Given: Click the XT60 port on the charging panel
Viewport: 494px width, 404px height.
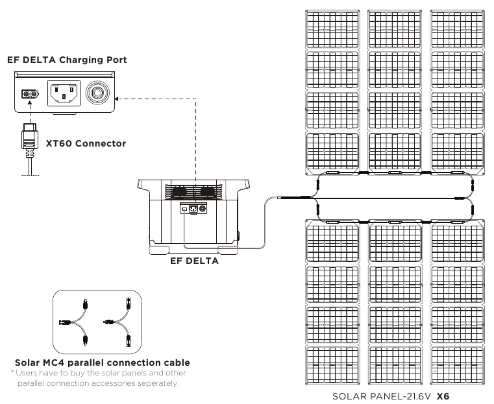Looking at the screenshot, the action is (30, 93).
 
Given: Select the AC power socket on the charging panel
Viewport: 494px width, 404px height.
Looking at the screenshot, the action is (64, 93).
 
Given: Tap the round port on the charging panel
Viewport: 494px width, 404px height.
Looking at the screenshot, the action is (97, 93).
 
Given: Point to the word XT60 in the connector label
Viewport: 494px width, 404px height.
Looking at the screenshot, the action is (59, 143).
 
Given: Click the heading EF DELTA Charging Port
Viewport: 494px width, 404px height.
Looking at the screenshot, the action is (67, 60).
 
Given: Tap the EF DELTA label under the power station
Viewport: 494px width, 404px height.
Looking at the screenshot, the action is (194, 261).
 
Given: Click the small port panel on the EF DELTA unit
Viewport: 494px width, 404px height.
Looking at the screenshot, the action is (193, 209).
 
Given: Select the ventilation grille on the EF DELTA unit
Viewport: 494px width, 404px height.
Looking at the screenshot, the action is (193, 191).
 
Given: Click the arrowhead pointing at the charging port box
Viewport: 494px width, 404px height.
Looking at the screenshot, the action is (116, 99).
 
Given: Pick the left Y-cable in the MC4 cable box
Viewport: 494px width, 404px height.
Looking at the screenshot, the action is (74, 322).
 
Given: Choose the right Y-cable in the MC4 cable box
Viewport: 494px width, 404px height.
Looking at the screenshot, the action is (117, 322).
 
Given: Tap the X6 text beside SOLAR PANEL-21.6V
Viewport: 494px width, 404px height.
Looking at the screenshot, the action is (443, 396).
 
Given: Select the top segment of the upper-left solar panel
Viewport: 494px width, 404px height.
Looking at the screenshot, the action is (333, 29).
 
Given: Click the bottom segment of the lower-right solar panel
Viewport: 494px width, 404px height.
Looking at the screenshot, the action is (458, 365).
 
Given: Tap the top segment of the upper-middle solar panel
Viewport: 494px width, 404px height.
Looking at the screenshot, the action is (395, 29).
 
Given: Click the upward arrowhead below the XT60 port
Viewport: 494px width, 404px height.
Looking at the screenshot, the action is (30, 102).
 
